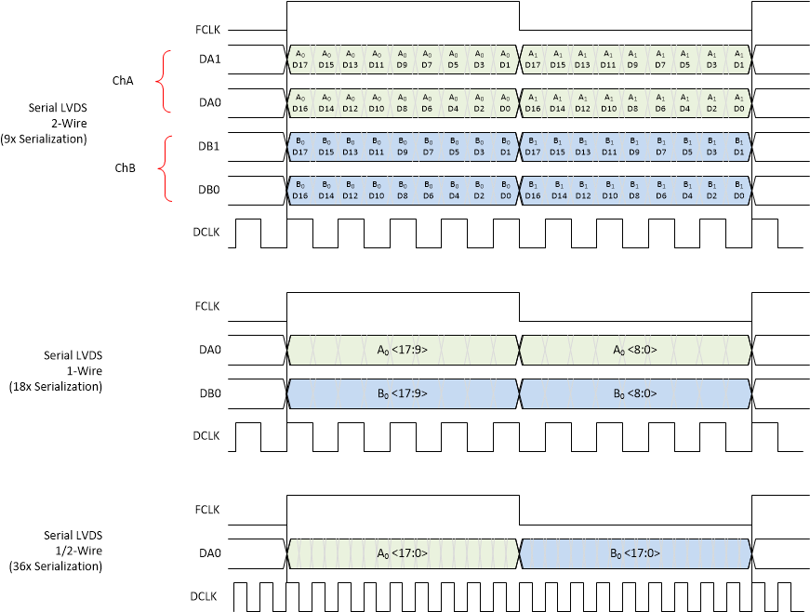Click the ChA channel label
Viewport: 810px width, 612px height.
point(122,81)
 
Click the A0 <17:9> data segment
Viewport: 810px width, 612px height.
point(403,351)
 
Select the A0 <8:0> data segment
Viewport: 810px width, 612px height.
point(634,351)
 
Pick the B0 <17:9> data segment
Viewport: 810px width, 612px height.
point(403,393)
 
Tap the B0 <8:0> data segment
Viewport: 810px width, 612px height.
point(634,393)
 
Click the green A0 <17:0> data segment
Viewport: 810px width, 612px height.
point(403,553)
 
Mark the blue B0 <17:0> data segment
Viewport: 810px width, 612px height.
point(634,553)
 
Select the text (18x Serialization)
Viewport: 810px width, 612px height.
point(55,386)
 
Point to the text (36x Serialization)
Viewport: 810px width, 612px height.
point(55,565)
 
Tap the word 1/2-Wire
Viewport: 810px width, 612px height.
point(79,551)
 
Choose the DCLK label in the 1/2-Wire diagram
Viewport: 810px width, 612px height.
point(205,596)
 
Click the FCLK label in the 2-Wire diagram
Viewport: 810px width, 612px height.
point(207,30)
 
